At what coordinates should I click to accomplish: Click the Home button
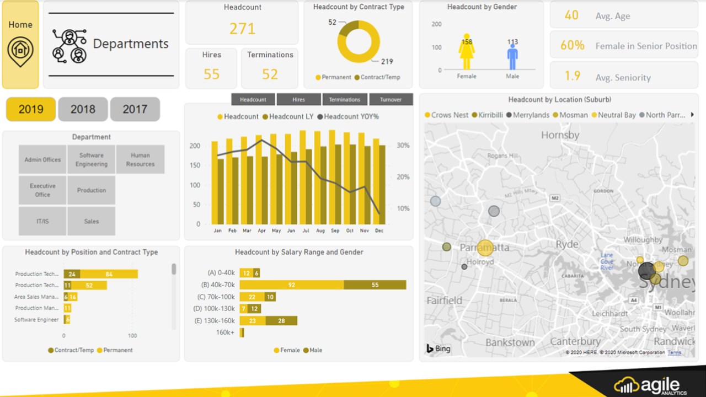click(x=20, y=44)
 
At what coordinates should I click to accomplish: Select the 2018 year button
click(x=83, y=109)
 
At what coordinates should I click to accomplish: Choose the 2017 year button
click(x=135, y=109)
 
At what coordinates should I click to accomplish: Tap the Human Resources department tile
click(x=140, y=159)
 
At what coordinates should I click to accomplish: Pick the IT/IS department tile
click(x=42, y=221)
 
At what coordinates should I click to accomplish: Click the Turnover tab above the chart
click(x=391, y=99)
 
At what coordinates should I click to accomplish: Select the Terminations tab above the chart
click(x=345, y=99)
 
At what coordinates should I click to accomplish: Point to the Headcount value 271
click(x=242, y=29)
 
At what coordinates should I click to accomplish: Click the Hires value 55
click(x=211, y=74)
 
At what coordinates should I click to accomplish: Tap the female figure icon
click(x=467, y=52)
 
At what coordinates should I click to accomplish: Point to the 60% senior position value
click(x=572, y=46)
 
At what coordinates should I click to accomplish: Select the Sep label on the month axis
click(x=335, y=230)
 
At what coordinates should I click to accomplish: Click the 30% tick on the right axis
click(x=403, y=146)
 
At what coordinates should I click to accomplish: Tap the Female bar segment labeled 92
click(x=292, y=285)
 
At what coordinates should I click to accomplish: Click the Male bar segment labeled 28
click(x=281, y=320)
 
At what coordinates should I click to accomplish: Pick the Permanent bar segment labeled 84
click(x=109, y=274)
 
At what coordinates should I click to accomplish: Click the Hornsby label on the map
click(x=560, y=135)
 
